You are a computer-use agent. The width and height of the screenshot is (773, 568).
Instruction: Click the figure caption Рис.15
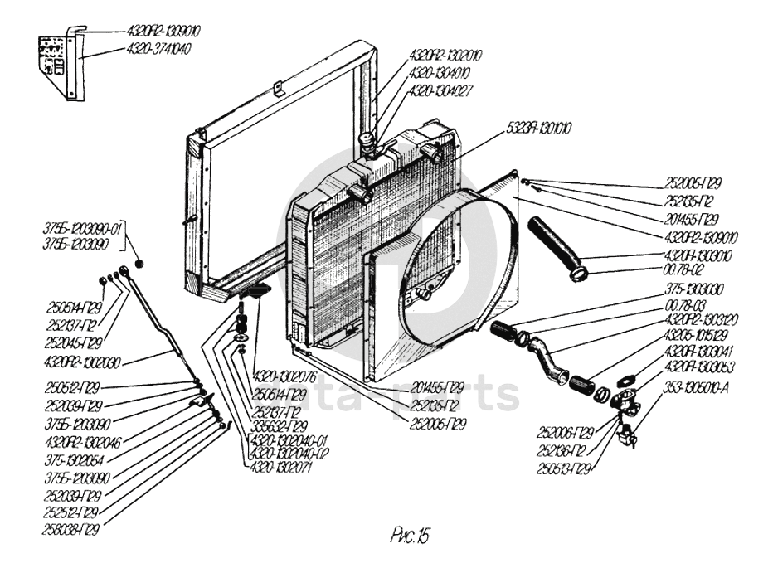(x=411, y=535)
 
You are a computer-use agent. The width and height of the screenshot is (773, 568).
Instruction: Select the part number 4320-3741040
(x=158, y=49)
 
